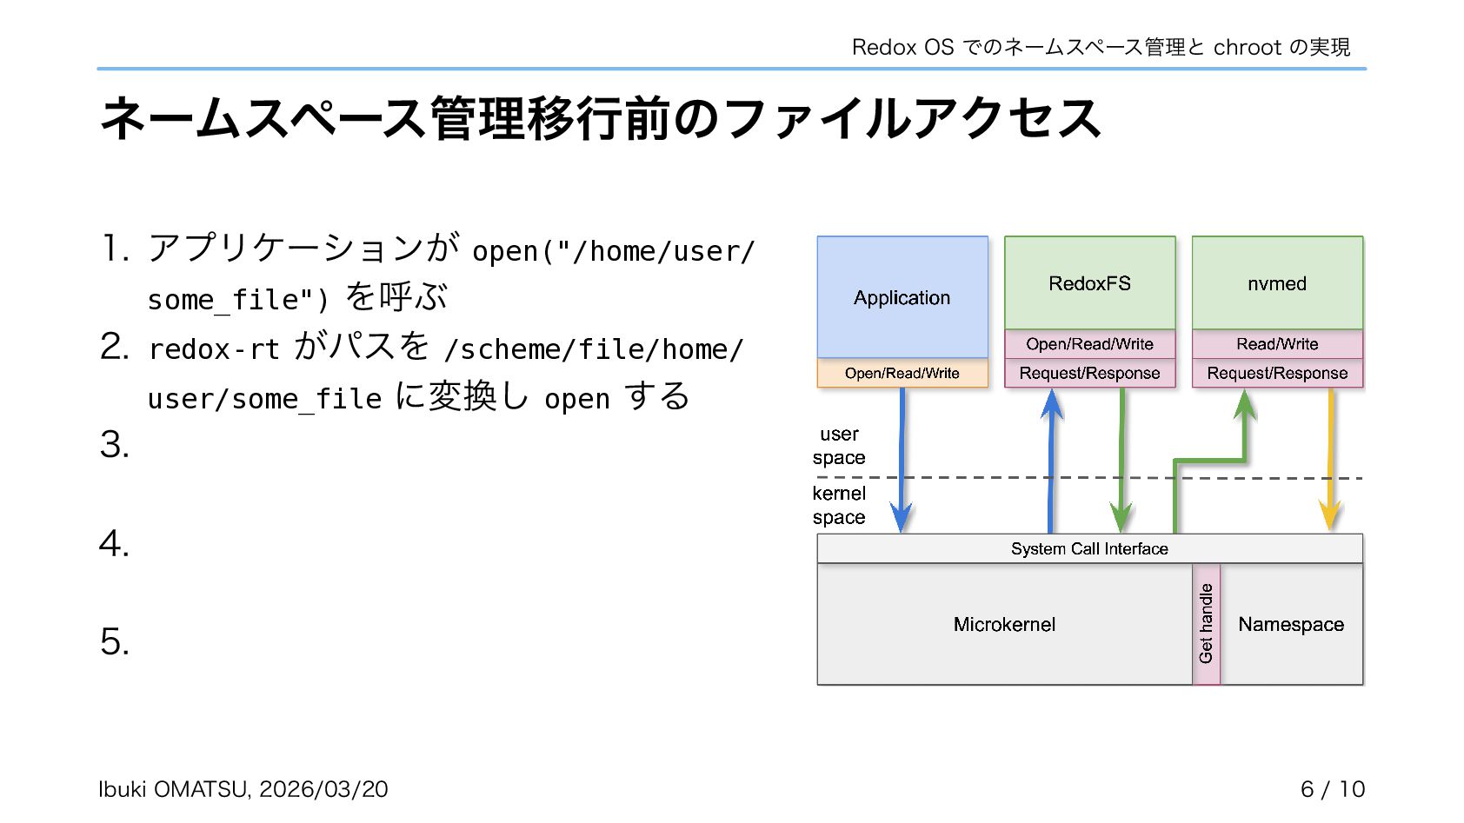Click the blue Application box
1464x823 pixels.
pos(902,297)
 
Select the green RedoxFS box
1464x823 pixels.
pos(1089,283)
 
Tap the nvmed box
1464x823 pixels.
pos(1276,283)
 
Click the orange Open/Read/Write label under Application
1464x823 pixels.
pos(902,373)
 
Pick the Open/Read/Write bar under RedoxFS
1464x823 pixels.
pos(1089,344)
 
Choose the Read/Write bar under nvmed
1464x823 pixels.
pos(1276,344)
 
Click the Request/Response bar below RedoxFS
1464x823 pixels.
pos(1089,373)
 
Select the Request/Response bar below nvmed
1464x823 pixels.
pos(1276,373)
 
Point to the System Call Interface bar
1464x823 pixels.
pos(1089,548)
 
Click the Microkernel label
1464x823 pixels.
pos(1004,624)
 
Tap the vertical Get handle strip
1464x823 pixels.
pos(1206,623)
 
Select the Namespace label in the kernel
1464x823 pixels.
pos(1291,624)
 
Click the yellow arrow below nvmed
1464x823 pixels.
pos(1330,461)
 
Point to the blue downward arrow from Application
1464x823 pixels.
pos(902,461)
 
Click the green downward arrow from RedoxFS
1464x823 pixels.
pos(1121,461)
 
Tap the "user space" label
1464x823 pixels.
pos(839,446)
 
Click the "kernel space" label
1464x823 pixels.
pos(839,505)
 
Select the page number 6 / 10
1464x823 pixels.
pos(1332,789)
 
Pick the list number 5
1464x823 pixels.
pos(114,642)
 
